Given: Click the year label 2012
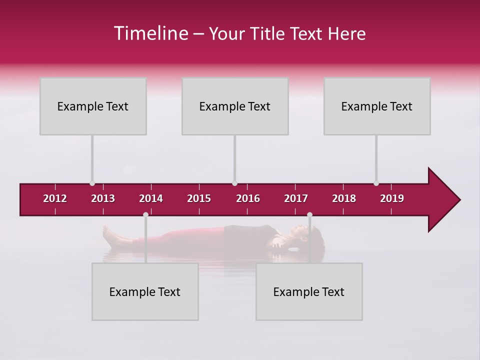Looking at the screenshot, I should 55,198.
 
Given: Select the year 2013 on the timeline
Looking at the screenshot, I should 103,198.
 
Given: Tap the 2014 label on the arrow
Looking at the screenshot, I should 151,198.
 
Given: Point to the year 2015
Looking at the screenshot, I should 199,198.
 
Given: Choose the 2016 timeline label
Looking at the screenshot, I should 248,198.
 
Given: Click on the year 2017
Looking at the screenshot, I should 296,198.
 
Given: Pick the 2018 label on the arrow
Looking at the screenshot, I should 344,198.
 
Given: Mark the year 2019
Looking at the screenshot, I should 392,198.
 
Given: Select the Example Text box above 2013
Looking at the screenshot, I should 93,106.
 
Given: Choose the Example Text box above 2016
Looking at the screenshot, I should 235,106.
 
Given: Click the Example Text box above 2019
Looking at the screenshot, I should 377,106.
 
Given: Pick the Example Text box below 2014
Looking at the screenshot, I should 145,291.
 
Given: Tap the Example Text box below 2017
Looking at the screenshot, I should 309,291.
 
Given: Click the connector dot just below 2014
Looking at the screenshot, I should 145,215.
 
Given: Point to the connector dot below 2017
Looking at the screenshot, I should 309,215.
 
